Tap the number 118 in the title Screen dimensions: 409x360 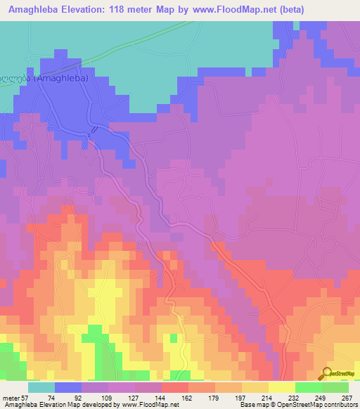(132, 11)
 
